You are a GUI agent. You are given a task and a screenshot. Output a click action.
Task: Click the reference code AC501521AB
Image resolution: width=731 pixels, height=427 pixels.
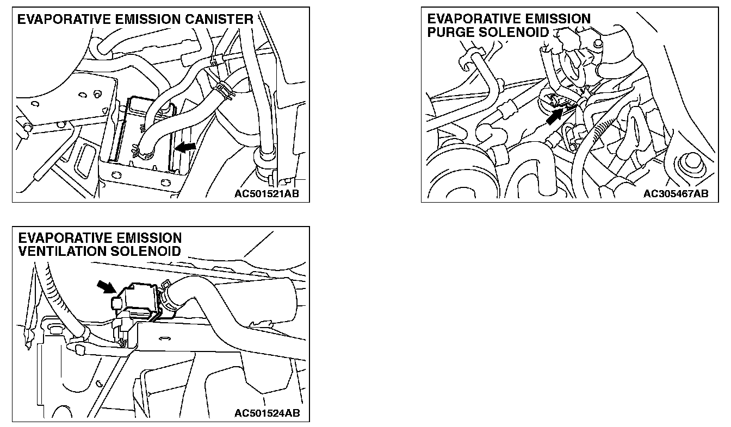click(267, 193)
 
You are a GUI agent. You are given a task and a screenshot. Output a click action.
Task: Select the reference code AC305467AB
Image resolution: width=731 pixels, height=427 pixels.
click(676, 193)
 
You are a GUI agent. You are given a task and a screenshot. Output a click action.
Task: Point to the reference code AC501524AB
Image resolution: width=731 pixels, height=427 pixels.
click(267, 413)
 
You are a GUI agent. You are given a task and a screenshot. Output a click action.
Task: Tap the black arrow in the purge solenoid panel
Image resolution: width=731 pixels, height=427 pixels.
click(555, 116)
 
